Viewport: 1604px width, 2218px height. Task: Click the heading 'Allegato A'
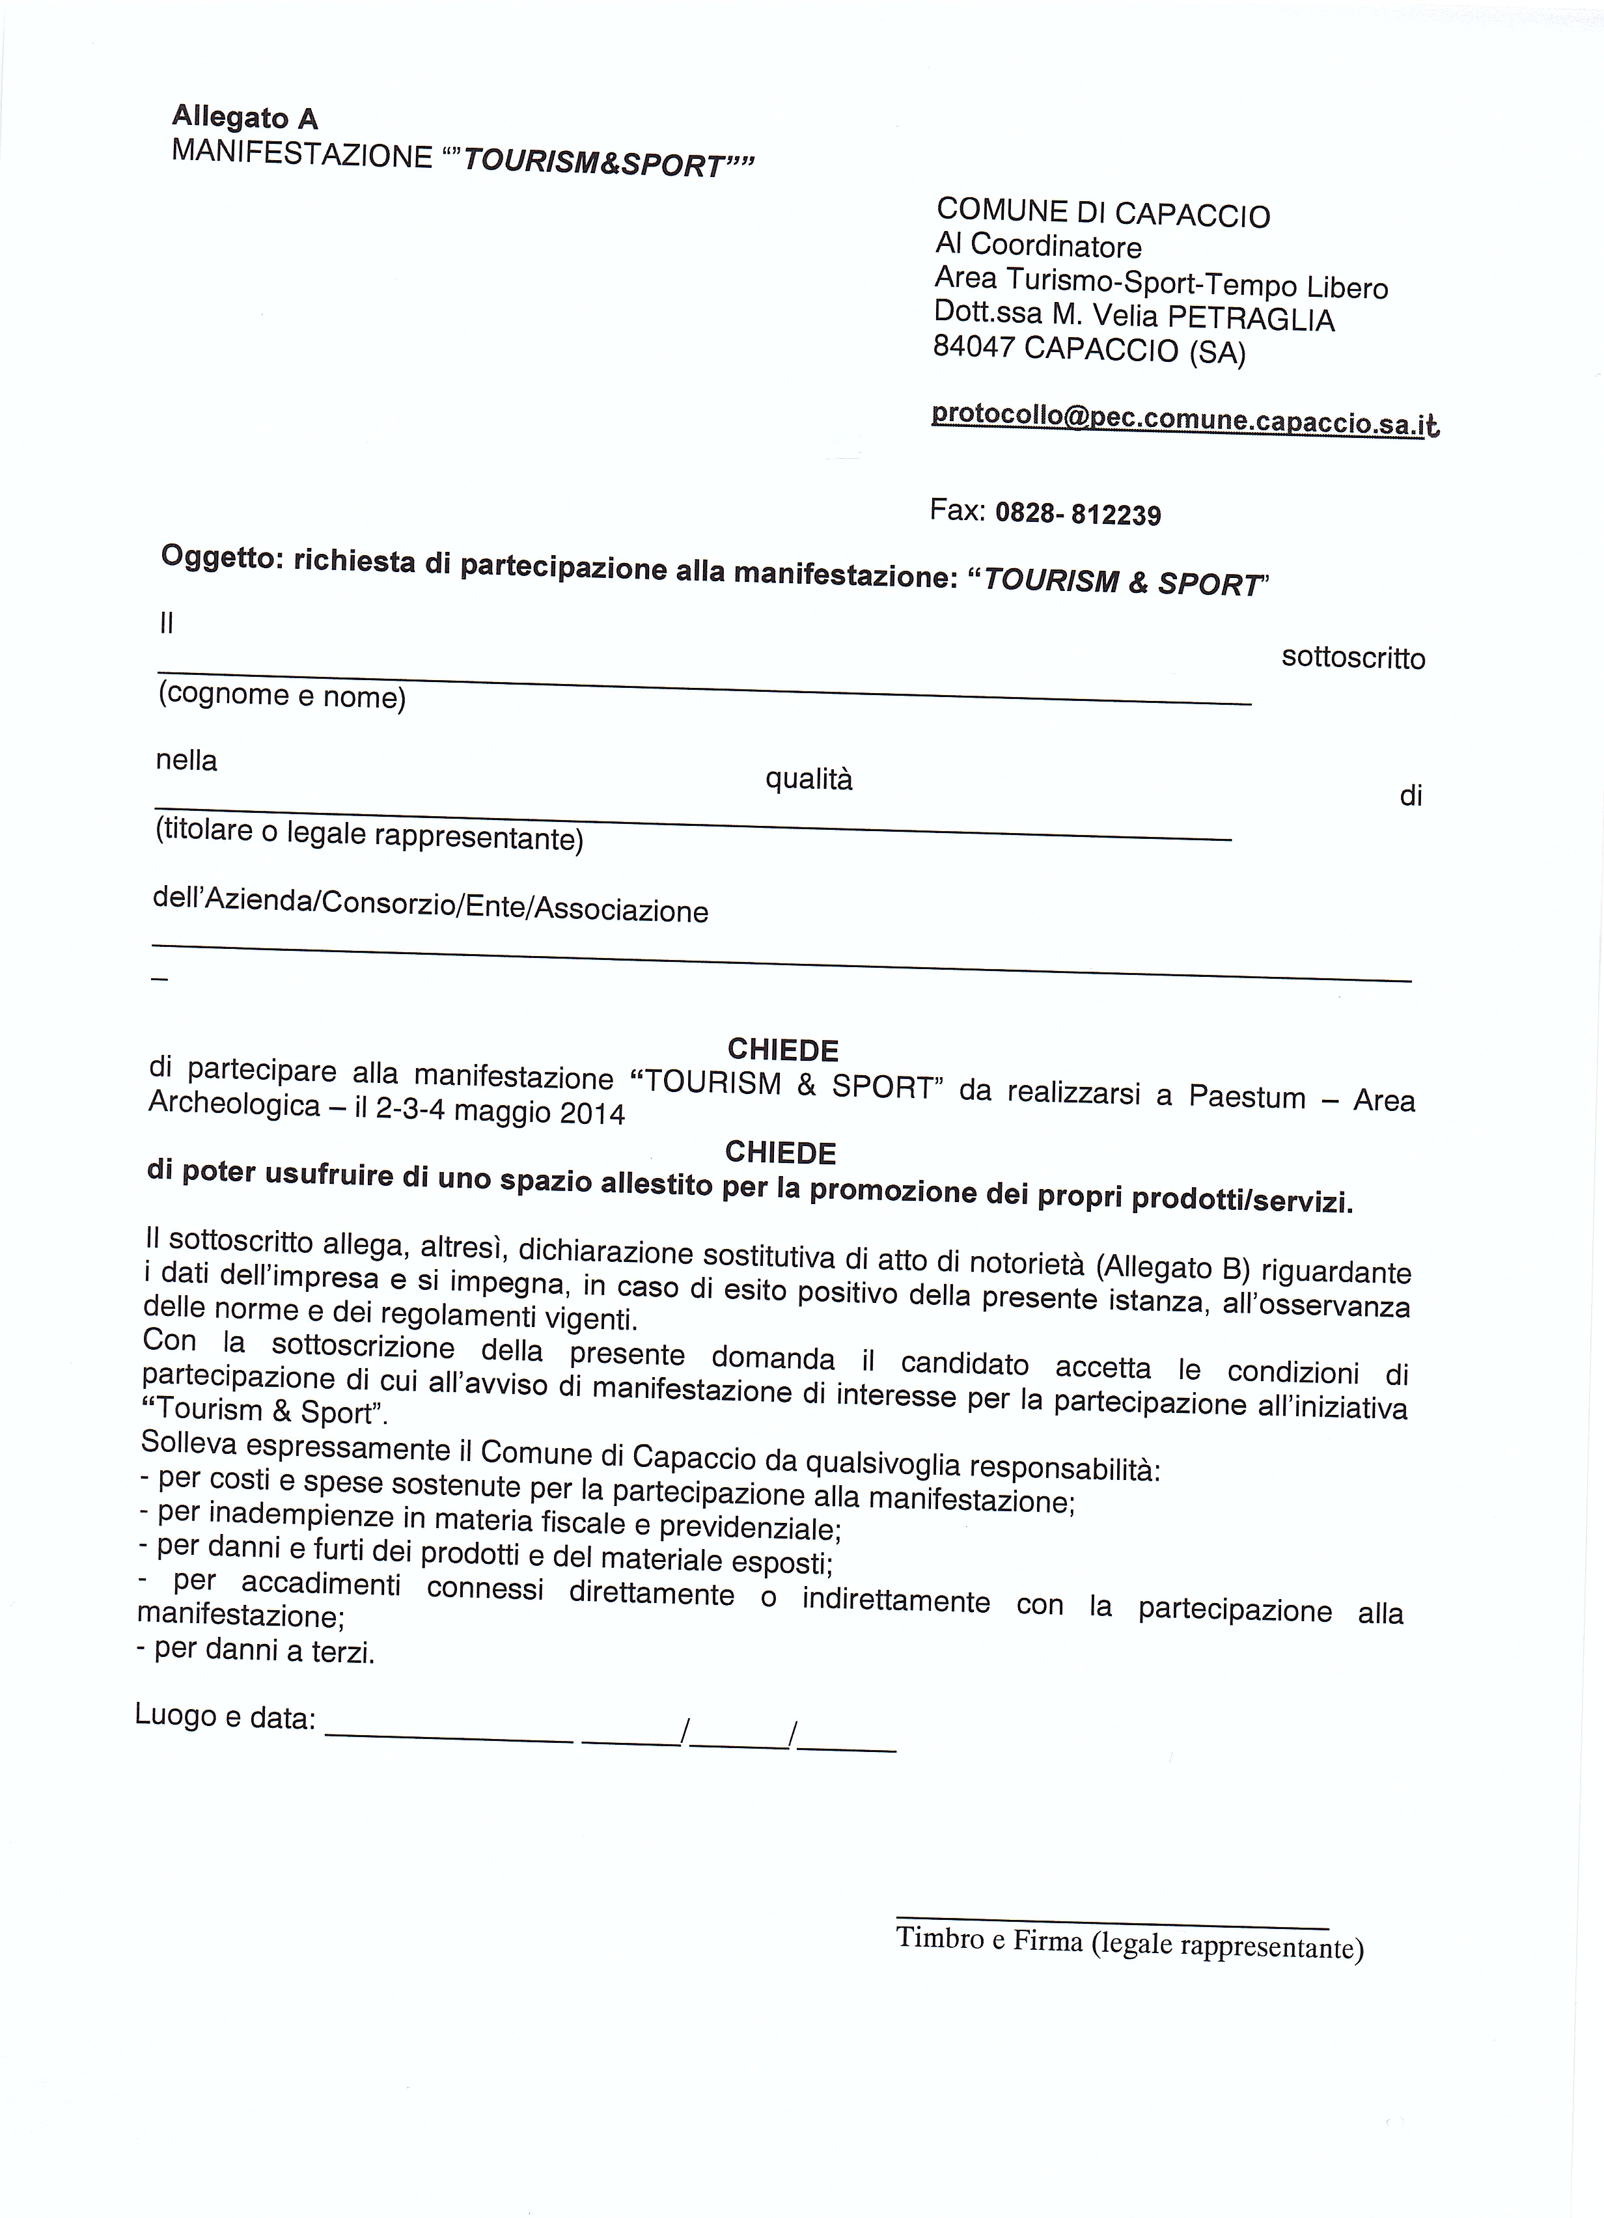(245, 117)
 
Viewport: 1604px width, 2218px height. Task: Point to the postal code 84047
(973, 346)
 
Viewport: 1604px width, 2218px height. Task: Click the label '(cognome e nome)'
(282, 696)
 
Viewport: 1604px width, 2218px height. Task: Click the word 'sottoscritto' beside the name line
(1353, 658)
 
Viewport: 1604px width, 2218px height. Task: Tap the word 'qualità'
(809, 780)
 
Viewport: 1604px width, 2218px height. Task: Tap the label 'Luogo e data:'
(225, 1716)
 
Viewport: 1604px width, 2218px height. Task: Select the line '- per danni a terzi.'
(256, 1650)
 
